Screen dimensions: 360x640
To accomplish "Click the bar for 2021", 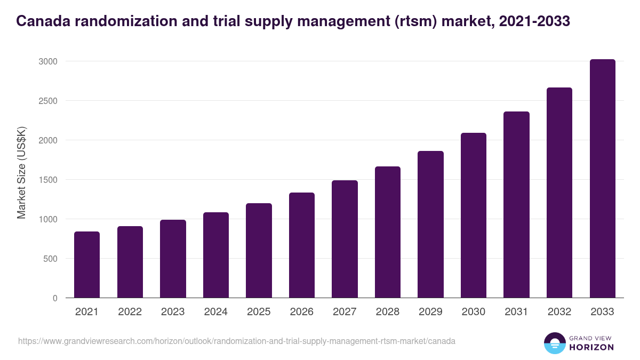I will click(87, 265).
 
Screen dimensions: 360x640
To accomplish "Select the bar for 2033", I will click(602, 179).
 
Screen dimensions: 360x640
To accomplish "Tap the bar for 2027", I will click(345, 239).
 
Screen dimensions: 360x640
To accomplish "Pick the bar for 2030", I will click(474, 215).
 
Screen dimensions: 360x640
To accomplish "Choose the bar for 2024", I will click(216, 255).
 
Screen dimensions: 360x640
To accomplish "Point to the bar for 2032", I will click(559, 193).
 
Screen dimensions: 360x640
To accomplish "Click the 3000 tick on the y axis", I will click(47, 61).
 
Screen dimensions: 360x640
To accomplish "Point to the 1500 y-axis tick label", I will click(47, 180).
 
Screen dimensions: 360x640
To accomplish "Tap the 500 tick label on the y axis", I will click(50, 259).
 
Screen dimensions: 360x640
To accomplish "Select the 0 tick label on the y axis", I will click(55, 298).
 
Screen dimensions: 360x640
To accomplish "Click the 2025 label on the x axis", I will click(259, 312).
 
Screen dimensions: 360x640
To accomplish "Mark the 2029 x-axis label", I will click(430, 312).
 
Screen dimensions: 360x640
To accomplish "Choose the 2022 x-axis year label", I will click(130, 312).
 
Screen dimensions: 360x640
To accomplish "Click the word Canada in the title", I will click(41, 21).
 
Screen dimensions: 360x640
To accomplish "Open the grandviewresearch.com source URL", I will click(236, 341).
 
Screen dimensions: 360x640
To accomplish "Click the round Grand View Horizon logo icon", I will click(554, 343).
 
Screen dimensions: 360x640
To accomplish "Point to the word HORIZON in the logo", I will click(592, 347).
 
